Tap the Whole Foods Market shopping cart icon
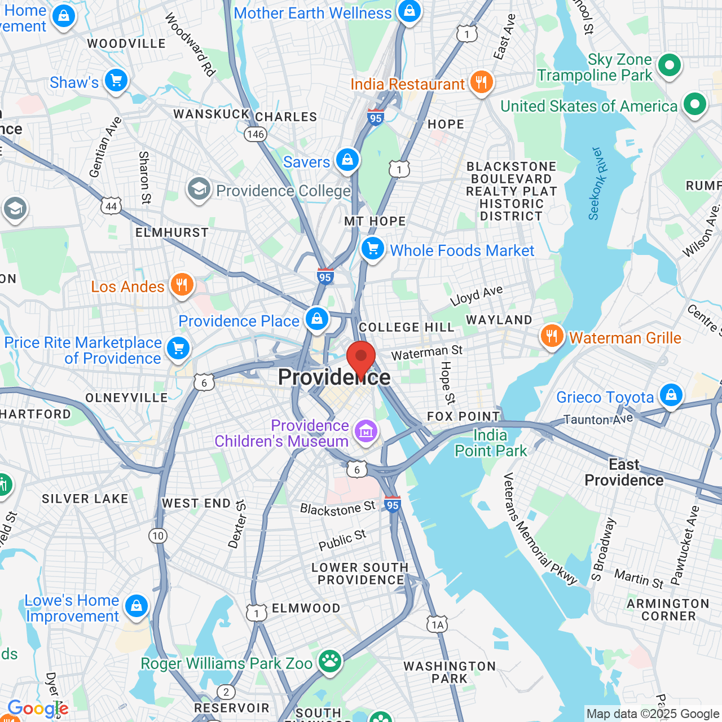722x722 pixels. [x=373, y=248]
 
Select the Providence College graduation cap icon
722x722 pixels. [x=199, y=190]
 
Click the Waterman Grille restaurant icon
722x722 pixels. [x=552, y=336]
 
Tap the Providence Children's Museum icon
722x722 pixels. [x=366, y=432]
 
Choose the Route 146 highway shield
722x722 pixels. [x=256, y=134]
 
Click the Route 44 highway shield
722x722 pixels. [x=111, y=206]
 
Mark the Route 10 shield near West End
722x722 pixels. [x=158, y=536]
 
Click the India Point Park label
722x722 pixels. [x=491, y=443]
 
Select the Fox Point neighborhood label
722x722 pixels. [x=464, y=416]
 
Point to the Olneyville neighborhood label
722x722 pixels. [x=126, y=398]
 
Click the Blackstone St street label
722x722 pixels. [x=337, y=509]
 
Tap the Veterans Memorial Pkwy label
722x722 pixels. [x=540, y=529]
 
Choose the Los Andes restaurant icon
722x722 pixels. [x=182, y=285]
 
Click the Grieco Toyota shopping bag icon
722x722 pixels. [x=671, y=395]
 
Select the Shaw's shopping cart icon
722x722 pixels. [x=116, y=81]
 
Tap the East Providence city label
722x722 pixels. [x=624, y=472]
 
